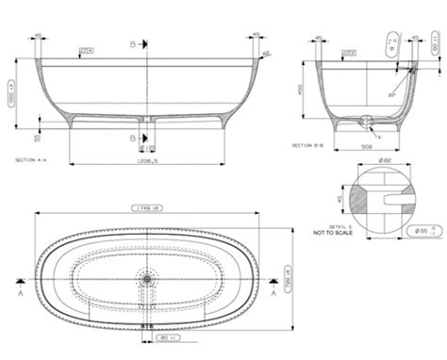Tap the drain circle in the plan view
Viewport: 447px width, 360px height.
[x=147, y=279]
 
